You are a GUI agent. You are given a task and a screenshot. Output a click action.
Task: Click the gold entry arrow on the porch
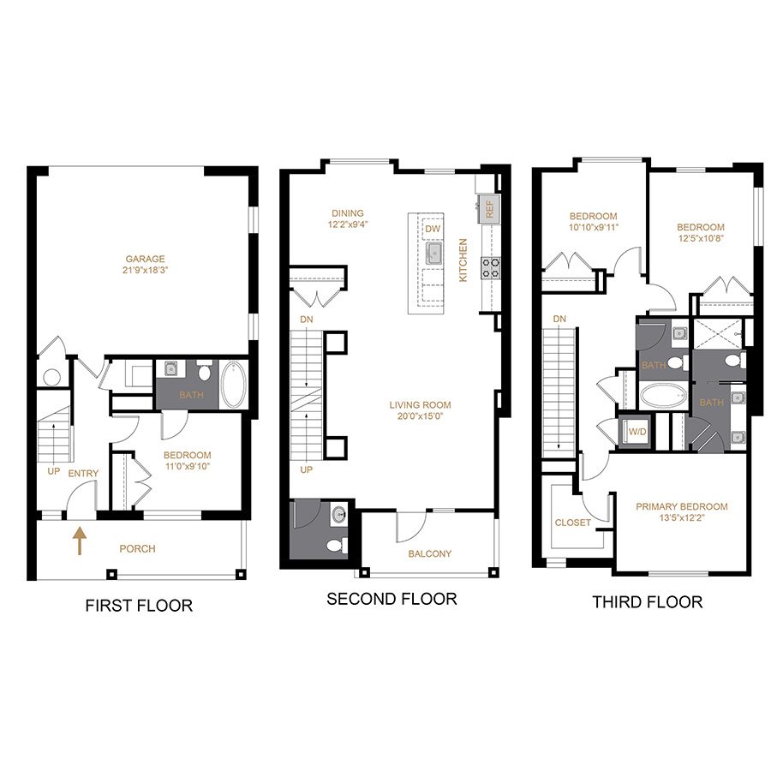[x=79, y=541]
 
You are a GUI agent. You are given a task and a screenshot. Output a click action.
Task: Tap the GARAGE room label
[x=145, y=259]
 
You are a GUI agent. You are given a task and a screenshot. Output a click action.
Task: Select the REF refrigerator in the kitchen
[x=490, y=209]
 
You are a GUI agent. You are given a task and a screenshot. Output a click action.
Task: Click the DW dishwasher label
[x=433, y=229]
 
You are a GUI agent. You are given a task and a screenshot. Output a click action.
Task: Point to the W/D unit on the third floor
[x=637, y=433]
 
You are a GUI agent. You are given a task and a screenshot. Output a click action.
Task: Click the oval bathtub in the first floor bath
[x=233, y=385]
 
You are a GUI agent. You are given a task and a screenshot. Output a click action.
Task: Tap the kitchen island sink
[x=433, y=254]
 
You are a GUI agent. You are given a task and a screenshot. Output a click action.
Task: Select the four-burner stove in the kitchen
[x=491, y=267]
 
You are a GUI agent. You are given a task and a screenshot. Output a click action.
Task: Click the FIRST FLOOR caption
[x=139, y=606]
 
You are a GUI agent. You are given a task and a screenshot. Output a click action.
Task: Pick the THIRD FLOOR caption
[x=648, y=602]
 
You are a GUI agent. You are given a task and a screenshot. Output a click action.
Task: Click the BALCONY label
[x=430, y=553]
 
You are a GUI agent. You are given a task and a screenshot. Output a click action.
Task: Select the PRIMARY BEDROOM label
[x=682, y=506]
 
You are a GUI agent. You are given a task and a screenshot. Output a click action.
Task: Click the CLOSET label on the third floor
[x=573, y=523]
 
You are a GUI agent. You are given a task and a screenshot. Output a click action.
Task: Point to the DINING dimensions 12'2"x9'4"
[x=348, y=224]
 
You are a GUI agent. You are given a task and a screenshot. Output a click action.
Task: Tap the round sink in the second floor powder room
[x=339, y=515]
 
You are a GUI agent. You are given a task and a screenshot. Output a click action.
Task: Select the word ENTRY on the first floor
[x=84, y=474]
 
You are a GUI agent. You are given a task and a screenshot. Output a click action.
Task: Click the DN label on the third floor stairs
[x=559, y=319]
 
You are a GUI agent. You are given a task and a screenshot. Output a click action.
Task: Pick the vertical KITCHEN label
[x=463, y=260]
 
